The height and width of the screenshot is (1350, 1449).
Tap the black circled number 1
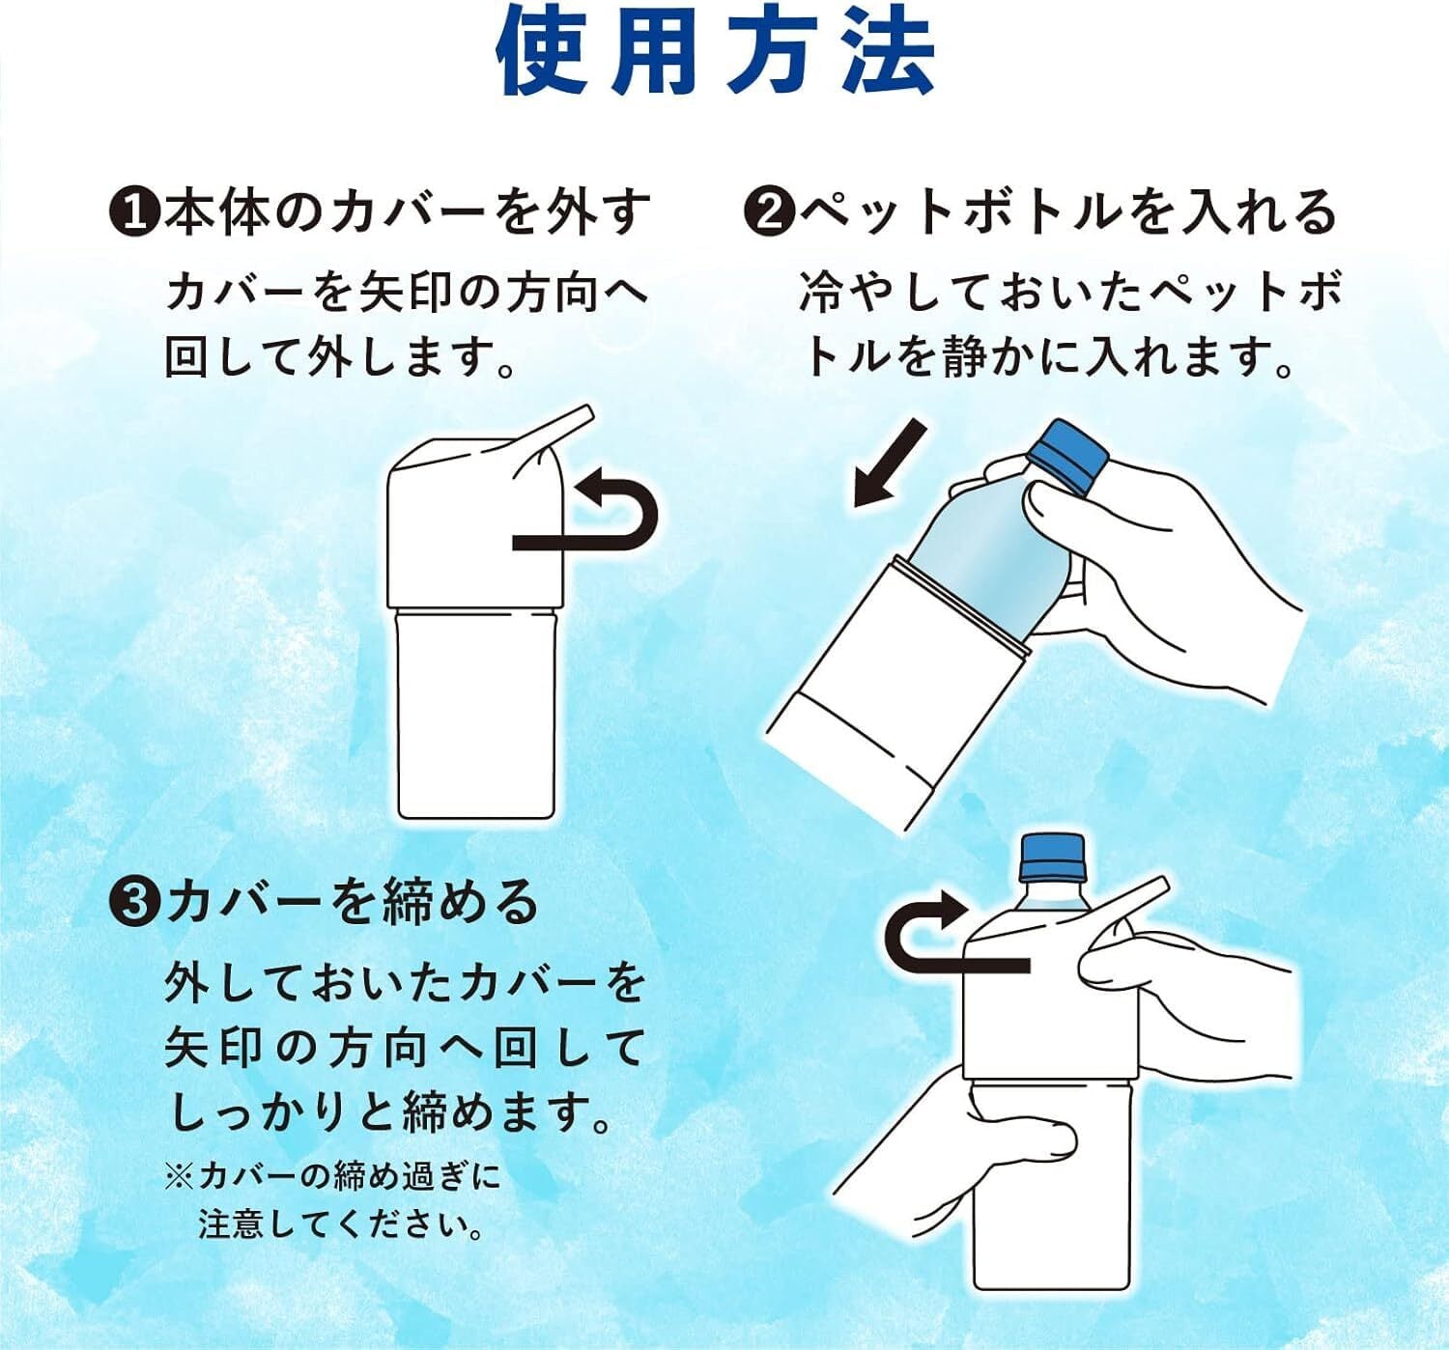click(133, 212)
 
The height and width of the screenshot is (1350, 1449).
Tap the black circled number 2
click(768, 212)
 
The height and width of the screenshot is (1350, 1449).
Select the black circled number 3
click(133, 904)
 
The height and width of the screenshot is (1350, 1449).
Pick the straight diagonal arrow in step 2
click(889, 464)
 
